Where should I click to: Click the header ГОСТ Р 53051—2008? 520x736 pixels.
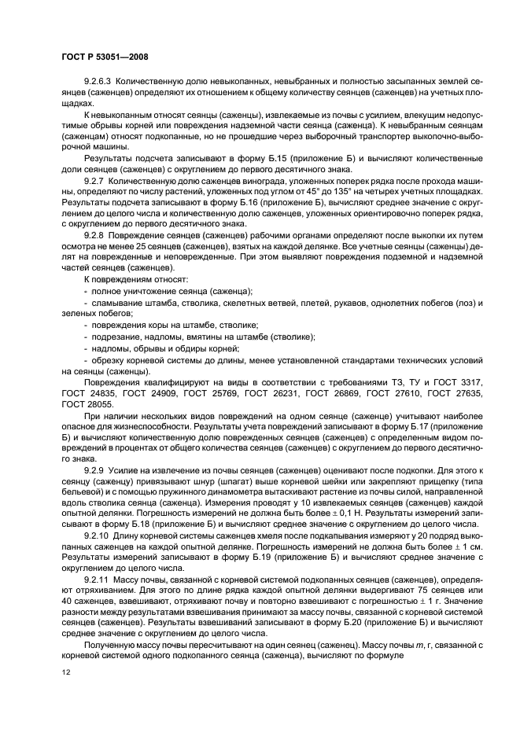pos(105,57)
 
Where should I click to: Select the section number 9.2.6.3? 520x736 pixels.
pos(98,83)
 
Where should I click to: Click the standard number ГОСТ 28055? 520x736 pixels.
pos(83,403)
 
